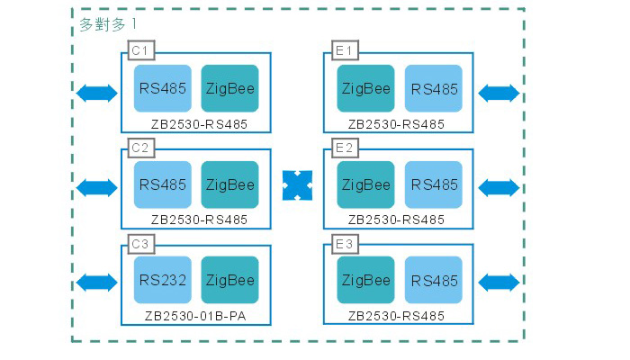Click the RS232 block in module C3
pos(163,280)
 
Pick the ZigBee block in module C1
pos(229,89)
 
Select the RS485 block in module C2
pos(163,184)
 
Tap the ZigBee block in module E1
pos(365,89)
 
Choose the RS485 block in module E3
pos(434,280)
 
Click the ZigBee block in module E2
pos(365,184)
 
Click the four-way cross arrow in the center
pos(297,184)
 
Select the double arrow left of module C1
pos(97,92)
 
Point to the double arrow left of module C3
pos(97,283)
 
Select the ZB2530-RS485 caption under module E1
pos(396,123)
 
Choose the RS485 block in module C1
pos(163,89)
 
